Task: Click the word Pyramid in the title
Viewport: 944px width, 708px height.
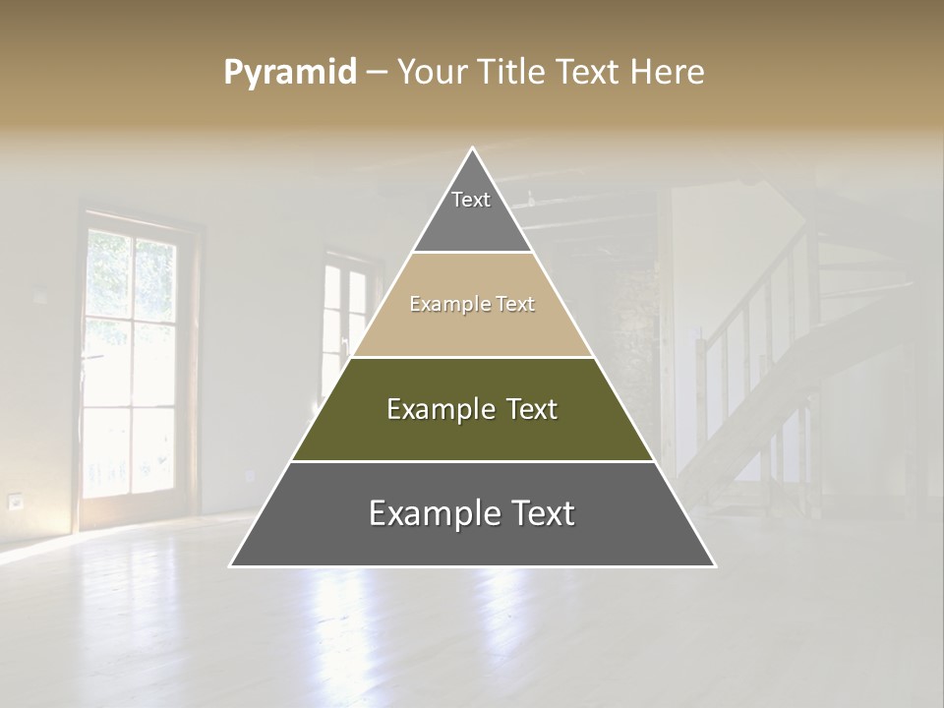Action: pyautogui.click(x=289, y=73)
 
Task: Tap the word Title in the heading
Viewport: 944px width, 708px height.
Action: pyautogui.click(x=512, y=73)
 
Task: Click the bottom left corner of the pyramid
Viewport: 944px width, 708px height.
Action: pyautogui.click(x=232, y=565)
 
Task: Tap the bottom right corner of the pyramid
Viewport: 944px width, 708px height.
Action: pyautogui.click(x=714, y=565)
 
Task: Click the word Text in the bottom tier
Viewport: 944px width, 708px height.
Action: pyautogui.click(x=536, y=513)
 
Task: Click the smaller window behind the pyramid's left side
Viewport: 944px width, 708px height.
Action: pyautogui.click(x=344, y=315)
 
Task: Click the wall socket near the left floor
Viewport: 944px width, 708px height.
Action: pyautogui.click(x=15, y=501)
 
